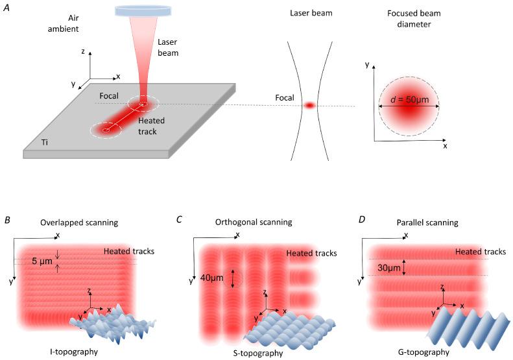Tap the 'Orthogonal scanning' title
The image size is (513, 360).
pos(254,222)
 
